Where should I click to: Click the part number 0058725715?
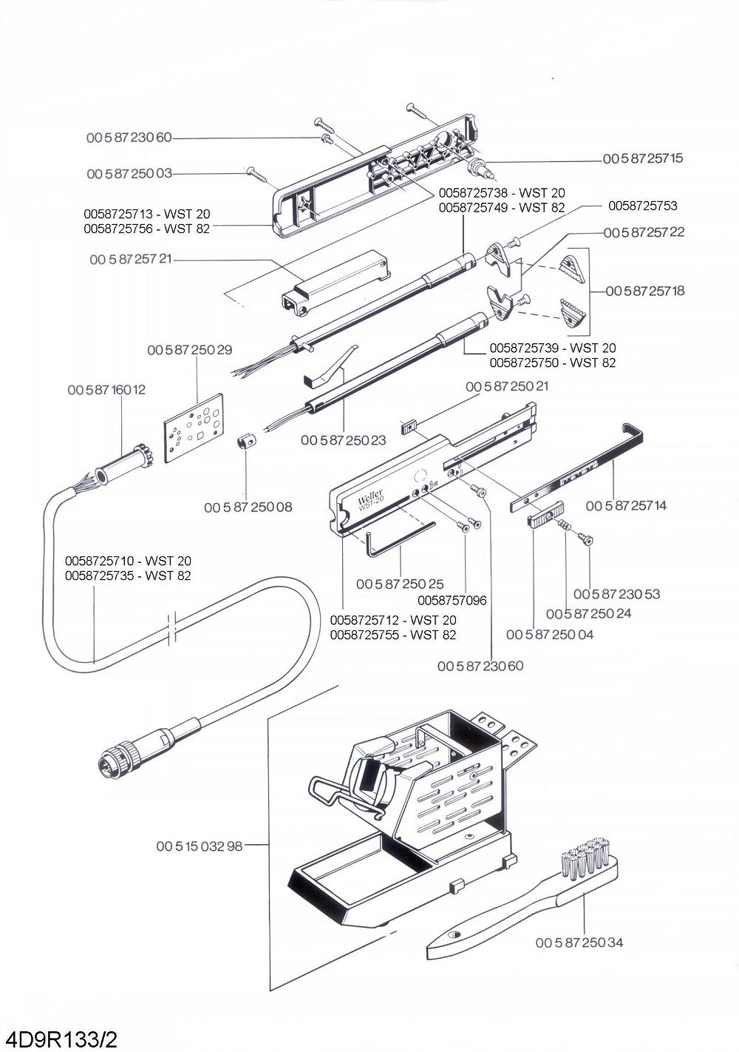click(x=643, y=158)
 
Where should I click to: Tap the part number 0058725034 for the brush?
click(x=579, y=943)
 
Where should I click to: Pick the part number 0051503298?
click(x=200, y=846)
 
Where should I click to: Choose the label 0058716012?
click(x=106, y=390)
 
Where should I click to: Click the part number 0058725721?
click(x=131, y=260)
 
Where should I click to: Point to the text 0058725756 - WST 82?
click(x=147, y=229)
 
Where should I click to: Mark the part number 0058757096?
click(x=452, y=600)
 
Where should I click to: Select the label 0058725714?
click(x=626, y=505)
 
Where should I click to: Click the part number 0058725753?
click(x=643, y=206)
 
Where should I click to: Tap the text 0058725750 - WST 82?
click(x=552, y=363)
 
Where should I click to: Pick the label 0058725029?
click(x=190, y=350)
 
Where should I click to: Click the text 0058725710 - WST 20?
click(x=128, y=561)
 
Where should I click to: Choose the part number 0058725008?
click(x=248, y=507)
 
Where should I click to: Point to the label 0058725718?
click(x=645, y=291)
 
